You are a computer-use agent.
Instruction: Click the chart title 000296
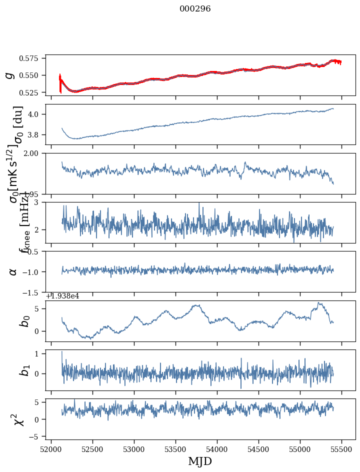pyautogui.click(x=195, y=9)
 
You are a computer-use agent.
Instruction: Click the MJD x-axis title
pyautogui.click(x=200, y=461)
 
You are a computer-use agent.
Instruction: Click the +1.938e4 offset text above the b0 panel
pyautogui.click(x=62, y=296)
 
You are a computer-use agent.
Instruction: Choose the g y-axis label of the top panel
pyautogui.click(x=9, y=75)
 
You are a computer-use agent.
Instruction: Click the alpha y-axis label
pyautogui.click(x=13, y=271)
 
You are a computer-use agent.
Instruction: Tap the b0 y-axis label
pyautogui.click(x=24, y=320)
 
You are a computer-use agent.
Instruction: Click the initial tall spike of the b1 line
pyautogui.click(x=62, y=352)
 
